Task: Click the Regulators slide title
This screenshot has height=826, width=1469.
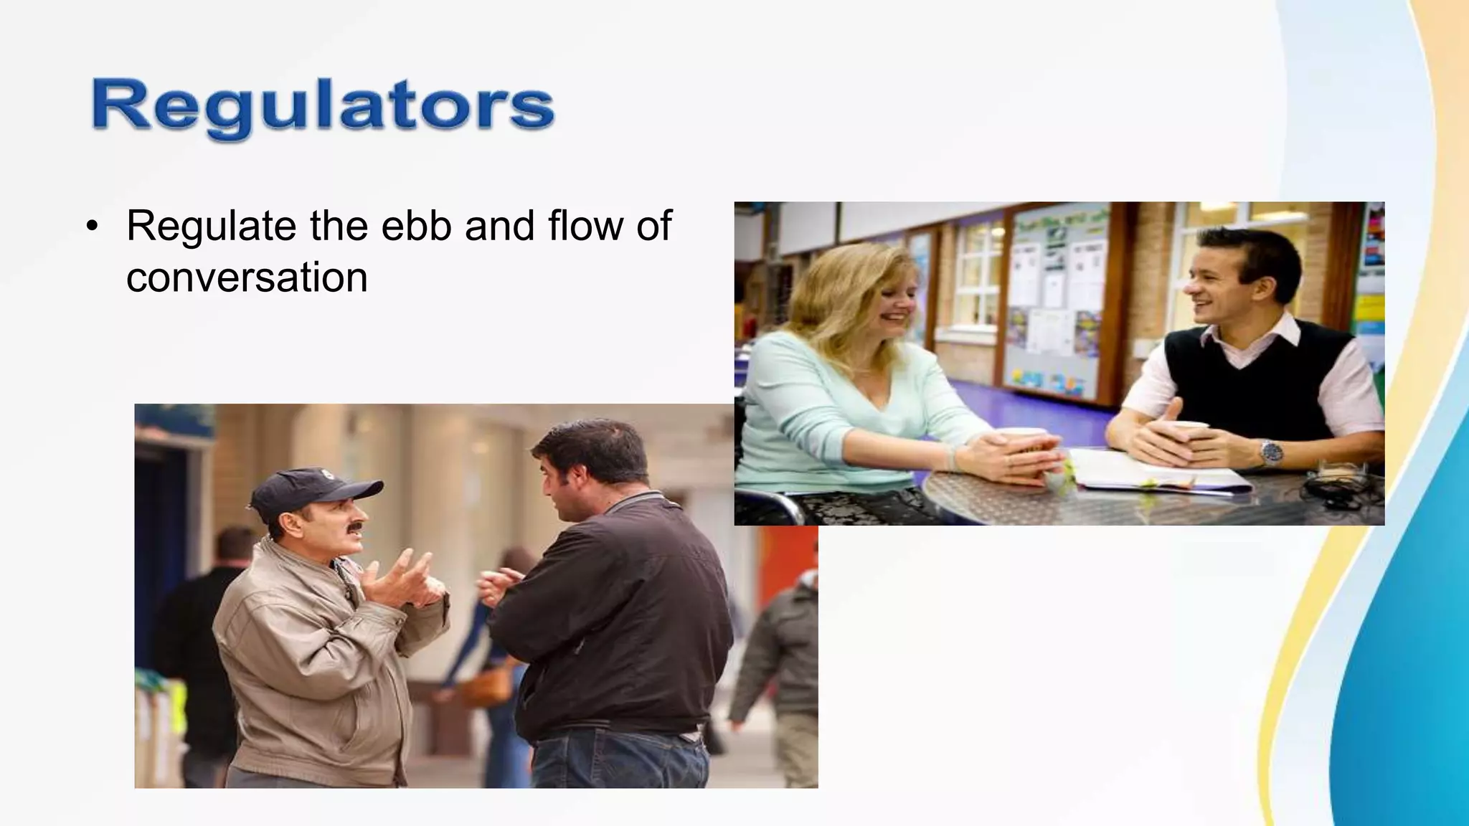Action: coord(323,108)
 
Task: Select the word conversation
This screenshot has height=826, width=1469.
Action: coord(247,278)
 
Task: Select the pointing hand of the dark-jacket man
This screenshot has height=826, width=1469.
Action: coord(499,584)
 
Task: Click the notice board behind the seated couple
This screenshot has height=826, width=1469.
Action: coord(1054,301)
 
